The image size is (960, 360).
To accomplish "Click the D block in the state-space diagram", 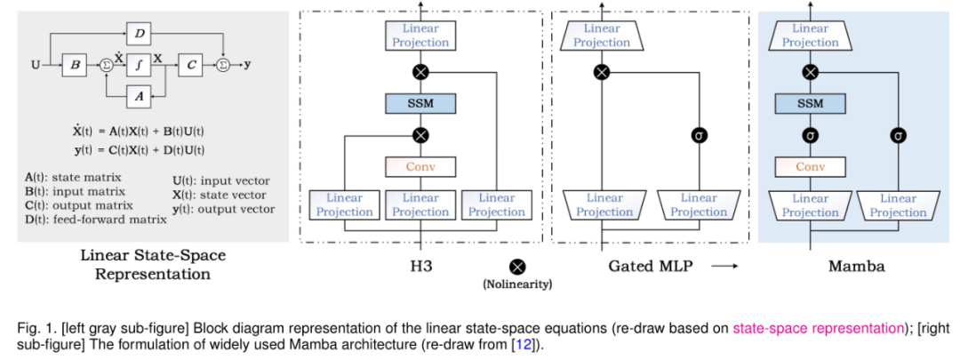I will [140, 34].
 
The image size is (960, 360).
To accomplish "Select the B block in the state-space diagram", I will [75, 64].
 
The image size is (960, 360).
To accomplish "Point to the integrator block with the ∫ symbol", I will [140, 64].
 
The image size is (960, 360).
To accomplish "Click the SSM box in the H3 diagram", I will [420, 103].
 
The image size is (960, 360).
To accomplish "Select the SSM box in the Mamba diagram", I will [809, 104].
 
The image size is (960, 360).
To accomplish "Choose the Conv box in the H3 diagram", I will [420, 166].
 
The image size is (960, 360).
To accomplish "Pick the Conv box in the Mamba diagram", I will [809, 166].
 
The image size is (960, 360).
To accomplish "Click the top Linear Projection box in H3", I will [420, 36].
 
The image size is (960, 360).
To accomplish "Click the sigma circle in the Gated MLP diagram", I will [700, 136].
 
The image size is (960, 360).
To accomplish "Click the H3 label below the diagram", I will [420, 266].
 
